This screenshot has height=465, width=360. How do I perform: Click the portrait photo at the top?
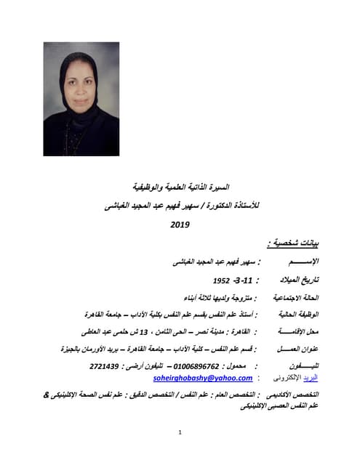point(81,99)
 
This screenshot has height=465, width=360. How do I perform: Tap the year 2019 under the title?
point(180,225)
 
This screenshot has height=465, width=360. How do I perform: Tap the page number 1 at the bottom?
point(180,433)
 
